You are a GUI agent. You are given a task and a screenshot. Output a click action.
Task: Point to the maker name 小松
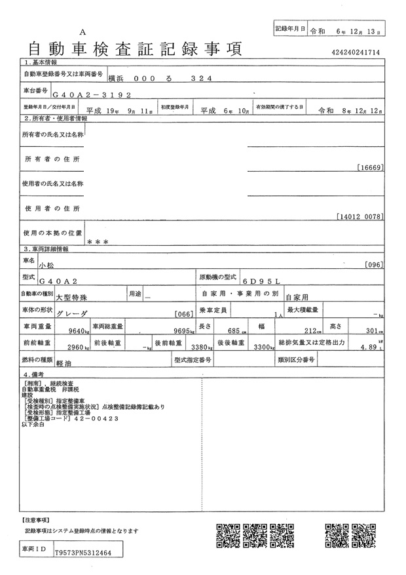(47, 265)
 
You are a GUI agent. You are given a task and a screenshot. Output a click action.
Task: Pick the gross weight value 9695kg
(174, 330)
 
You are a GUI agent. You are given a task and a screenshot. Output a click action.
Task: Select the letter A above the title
(83, 32)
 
